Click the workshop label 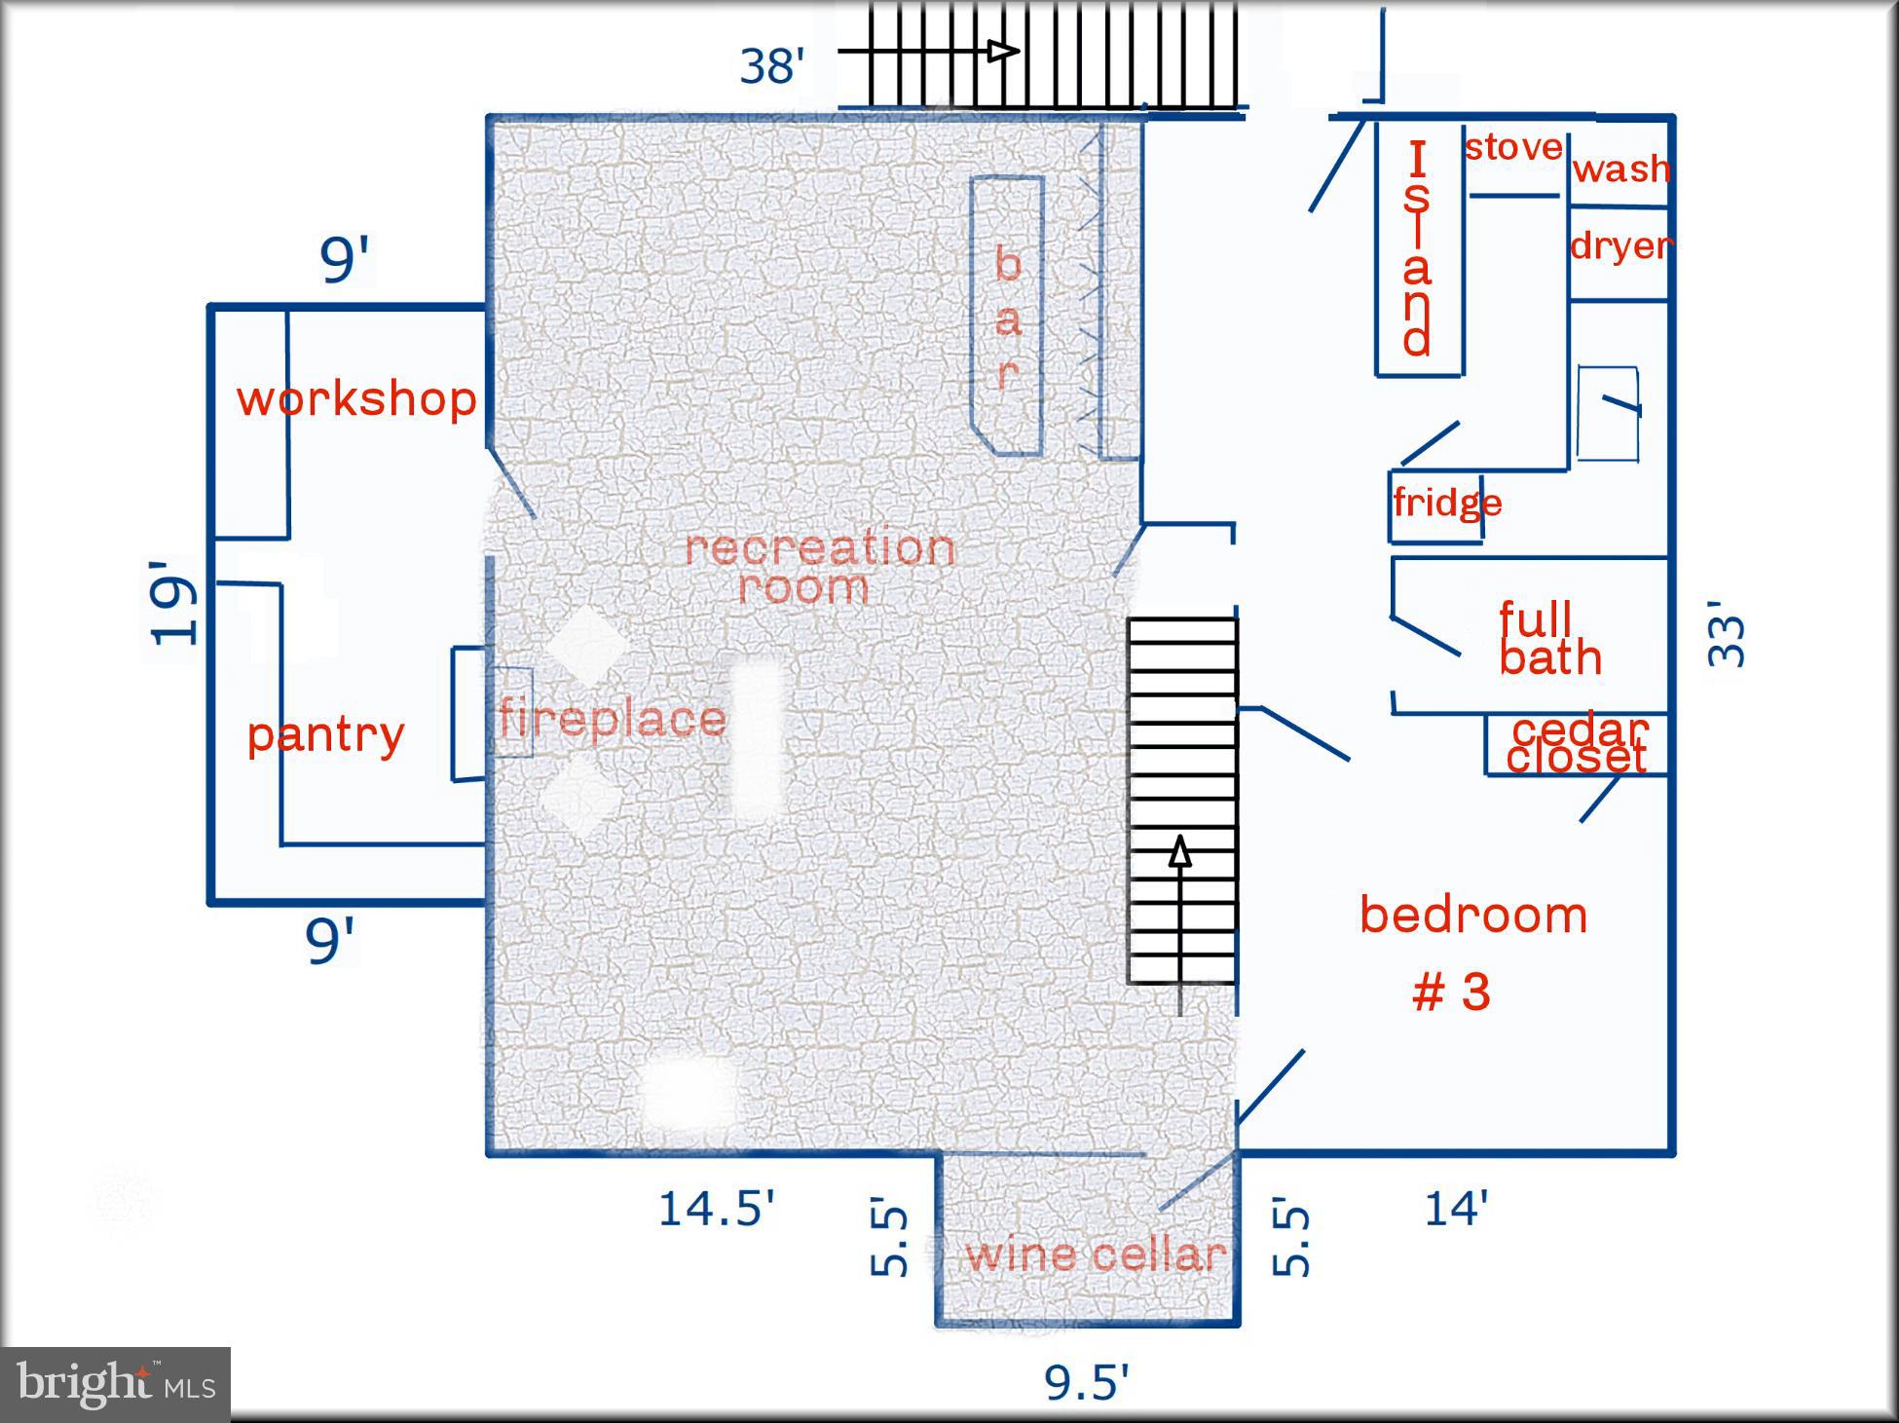pos(356,398)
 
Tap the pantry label pos(325,734)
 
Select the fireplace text pos(613,719)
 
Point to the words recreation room pos(819,567)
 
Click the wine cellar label pos(1096,1254)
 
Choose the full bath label pos(1549,639)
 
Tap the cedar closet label pos(1578,743)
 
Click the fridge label pos(1447,503)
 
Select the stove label pos(1513,148)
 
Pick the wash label pos(1621,169)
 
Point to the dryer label pos(1621,245)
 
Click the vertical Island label pos(1417,249)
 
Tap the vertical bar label pos(1008,317)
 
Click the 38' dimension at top pos(772,66)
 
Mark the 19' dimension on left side pos(173,602)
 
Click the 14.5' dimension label pos(717,1209)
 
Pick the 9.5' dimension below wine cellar pos(1087,1381)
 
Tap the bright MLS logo pos(115,1384)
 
